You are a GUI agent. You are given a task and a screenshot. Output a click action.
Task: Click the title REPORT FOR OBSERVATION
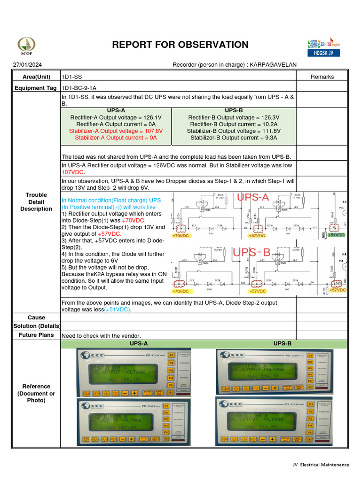point(180,45)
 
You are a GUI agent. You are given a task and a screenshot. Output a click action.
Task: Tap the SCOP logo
point(26,46)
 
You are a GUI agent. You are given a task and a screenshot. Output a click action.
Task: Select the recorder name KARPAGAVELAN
point(273,65)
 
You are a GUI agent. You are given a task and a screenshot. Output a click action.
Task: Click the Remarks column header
point(322,77)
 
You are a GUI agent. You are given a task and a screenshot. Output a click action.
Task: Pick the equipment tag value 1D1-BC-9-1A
point(79,88)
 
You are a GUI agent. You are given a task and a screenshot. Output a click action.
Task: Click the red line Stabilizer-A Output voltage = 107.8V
point(116,131)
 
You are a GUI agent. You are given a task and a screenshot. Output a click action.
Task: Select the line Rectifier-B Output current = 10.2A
point(234,124)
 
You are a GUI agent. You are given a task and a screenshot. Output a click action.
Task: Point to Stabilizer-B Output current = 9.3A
point(234,138)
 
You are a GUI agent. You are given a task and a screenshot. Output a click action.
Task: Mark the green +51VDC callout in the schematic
point(336,235)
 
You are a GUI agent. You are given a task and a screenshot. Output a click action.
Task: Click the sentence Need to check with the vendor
point(101,335)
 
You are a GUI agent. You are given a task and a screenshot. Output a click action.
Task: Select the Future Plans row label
point(36,335)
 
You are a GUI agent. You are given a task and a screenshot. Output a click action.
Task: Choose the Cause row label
point(36,318)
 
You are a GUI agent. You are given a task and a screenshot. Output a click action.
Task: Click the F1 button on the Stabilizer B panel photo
point(310,404)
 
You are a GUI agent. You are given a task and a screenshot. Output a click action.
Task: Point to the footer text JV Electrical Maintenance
point(321,465)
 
